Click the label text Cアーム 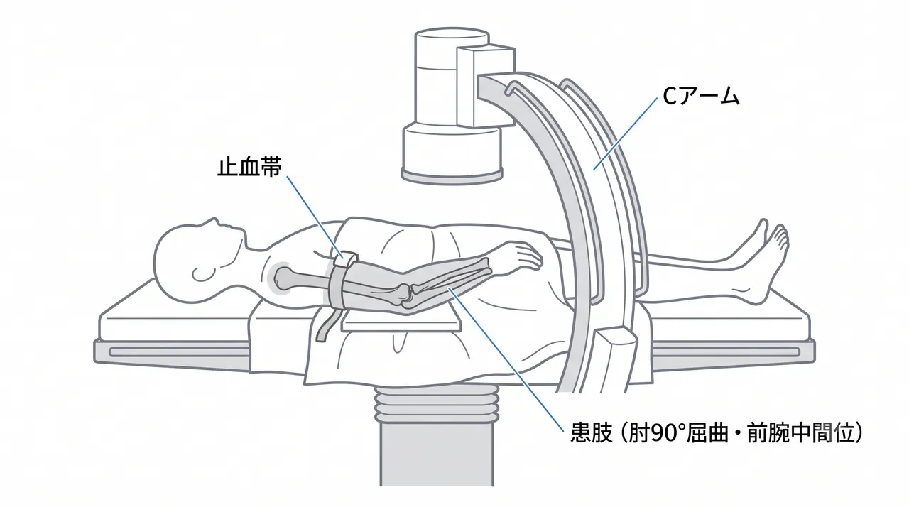pyautogui.click(x=701, y=97)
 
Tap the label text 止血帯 pyautogui.click(x=249, y=167)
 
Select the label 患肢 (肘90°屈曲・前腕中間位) pyautogui.click(x=717, y=432)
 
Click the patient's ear pyautogui.click(x=201, y=274)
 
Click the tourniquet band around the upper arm pyautogui.click(x=340, y=280)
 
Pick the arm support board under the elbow pyautogui.click(x=401, y=320)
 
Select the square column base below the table pyautogui.click(x=437, y=454)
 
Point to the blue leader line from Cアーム pyautogui.click(x=626, y=133)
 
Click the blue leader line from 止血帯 pyautogui.click(x=315, y=216)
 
